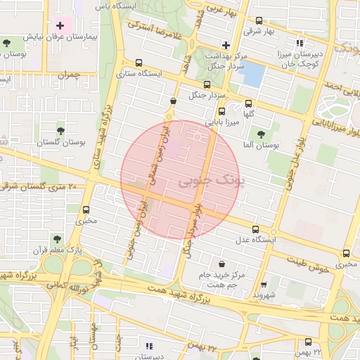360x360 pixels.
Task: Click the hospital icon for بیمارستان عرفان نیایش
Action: [x=60, y=26]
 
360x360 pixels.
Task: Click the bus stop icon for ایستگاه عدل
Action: [x=255, y=229]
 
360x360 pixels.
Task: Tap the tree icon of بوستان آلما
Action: [x=261, y=134]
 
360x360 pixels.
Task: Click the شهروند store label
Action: [x=265, y=295]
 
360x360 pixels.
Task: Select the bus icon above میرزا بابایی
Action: [x=221, y=111]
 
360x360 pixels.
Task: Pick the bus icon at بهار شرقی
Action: [x=259, y=21]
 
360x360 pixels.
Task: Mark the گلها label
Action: [x=248, y=113]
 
